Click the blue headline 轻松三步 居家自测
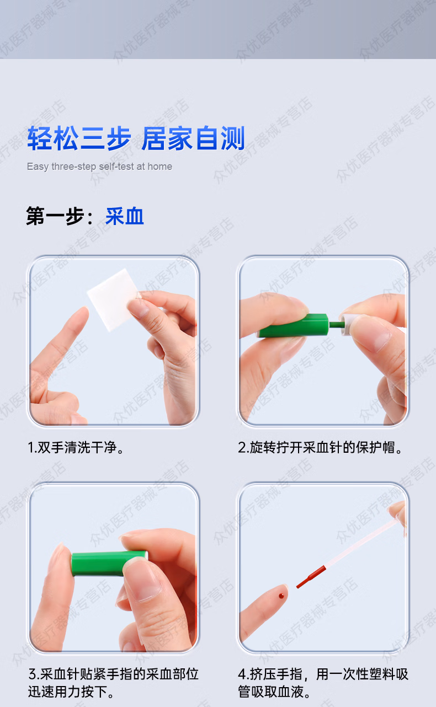[136, 138]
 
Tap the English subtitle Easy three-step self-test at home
[99, 167]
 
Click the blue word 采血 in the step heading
[125, 216]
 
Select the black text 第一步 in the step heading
[55, 216]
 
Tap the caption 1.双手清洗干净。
[76, 447]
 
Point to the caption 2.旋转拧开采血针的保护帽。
[321, 447]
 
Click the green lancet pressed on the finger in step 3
[105, 563]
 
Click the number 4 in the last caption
[242, 674]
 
